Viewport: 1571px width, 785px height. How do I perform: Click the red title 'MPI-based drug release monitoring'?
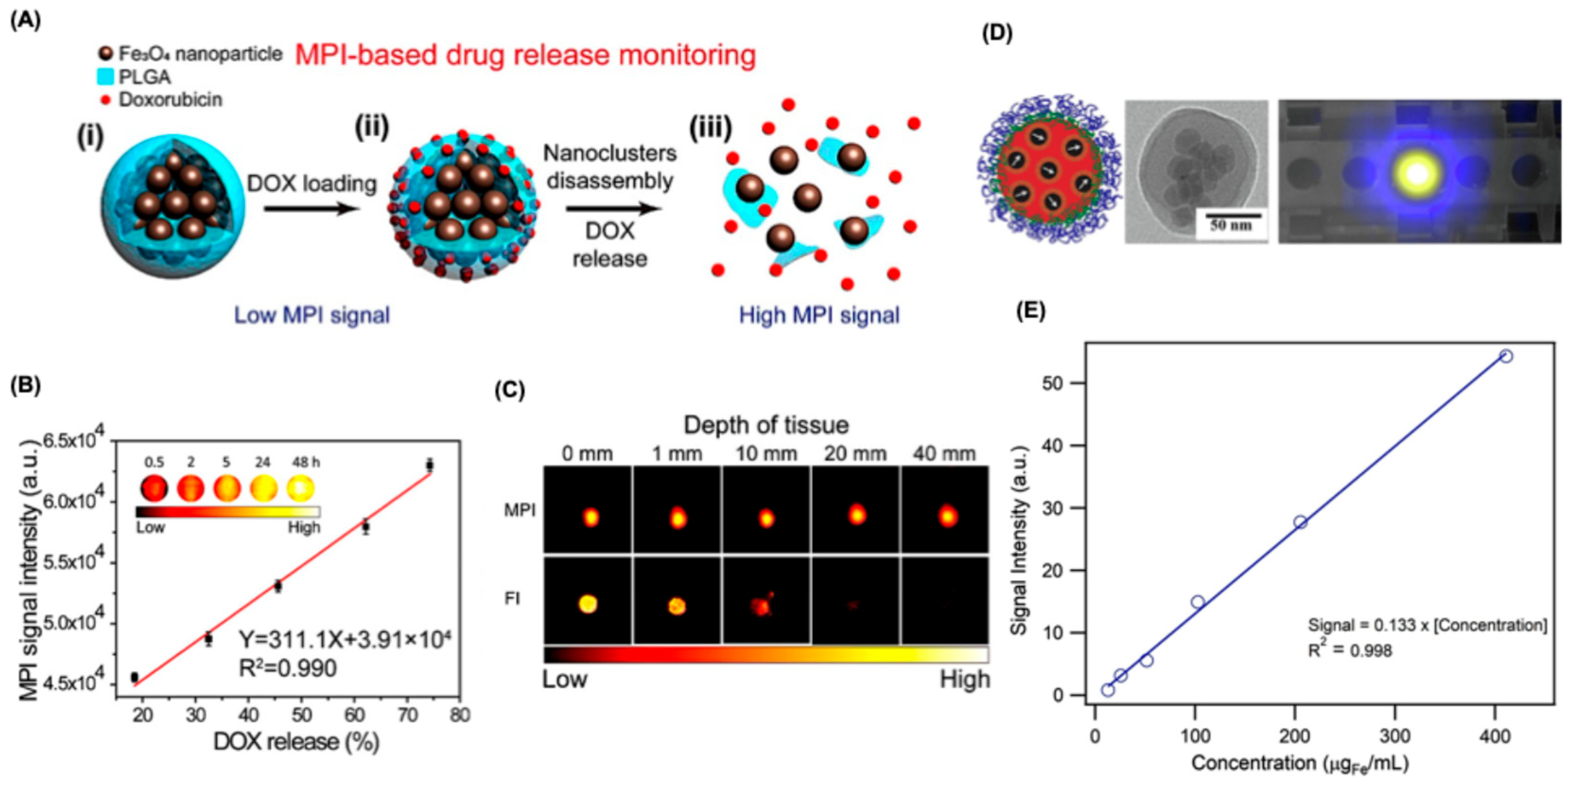pos(525,55)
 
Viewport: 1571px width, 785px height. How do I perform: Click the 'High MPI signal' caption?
pos(819,315)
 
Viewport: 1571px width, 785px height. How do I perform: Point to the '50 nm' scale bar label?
pos(1231,225)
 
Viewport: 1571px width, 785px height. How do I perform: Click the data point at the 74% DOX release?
pos(429,465)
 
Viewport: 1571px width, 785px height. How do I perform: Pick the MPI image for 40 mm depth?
pos(947,516)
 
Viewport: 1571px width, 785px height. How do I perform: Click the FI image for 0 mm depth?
pos(587,604)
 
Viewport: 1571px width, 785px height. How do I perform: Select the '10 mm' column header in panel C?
pos(766,454)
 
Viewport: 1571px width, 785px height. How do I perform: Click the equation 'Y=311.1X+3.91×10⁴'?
pos(345,639)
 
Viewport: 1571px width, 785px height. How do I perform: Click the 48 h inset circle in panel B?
pos(301,488)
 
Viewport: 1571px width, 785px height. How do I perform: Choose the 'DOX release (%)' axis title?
pos(296,741)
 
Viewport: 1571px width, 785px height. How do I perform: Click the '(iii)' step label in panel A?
pos(710,129)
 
